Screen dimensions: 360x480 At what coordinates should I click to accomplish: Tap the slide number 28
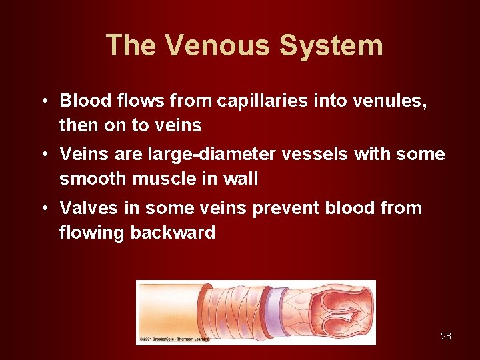[446, 336]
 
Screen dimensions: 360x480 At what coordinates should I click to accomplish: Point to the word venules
[387, 101]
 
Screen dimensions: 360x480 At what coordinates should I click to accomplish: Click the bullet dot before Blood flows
[42, 101]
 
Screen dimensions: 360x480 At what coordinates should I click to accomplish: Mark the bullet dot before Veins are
[42, 154]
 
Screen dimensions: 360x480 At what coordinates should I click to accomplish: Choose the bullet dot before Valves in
[42, 208]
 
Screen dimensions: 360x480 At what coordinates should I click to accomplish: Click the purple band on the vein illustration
[273, 311]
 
